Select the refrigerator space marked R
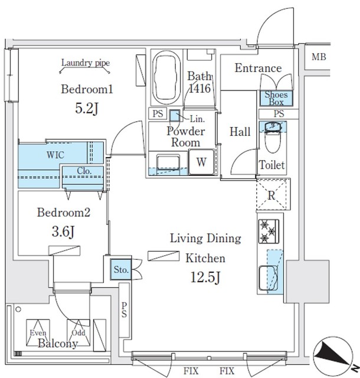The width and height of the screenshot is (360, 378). pos(271,195)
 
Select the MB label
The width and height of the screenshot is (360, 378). pos(319,57)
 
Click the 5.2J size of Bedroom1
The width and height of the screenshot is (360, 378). pos(86,109)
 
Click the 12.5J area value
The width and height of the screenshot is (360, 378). pos(206,276)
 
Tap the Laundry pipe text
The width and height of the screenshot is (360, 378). pos(86,63)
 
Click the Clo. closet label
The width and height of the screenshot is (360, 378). pos(83,172)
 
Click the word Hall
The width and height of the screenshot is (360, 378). pos(240,131)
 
